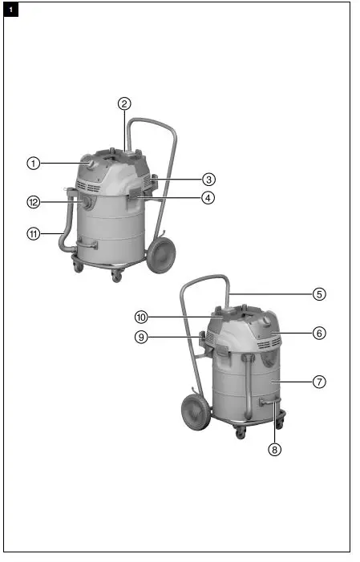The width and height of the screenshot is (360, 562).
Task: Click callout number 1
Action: click(x=33, y=163)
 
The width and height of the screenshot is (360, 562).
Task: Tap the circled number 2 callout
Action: click(x=124, y=103)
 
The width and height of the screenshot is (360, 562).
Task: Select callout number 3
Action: click(x=208, y=179)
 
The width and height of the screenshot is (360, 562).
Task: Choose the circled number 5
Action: click(x=319, y=293)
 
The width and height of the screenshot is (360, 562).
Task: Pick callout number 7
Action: click(x=319, y=382)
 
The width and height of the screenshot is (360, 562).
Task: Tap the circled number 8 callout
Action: click(x=275, y=450)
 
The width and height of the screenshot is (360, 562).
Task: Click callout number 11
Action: click(x=33, y=234)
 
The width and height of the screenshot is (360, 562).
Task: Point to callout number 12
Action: click(x=33, y=203)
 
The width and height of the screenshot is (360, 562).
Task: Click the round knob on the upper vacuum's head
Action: click(x=91, y=164)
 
